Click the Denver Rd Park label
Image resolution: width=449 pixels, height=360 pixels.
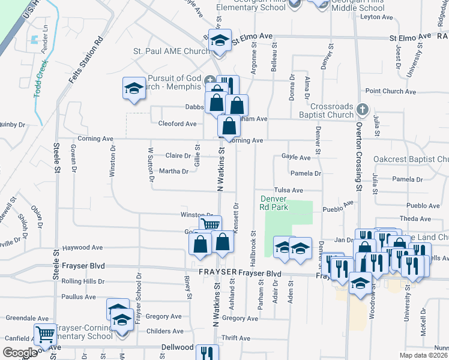pyautogui.click(x=274, y=203)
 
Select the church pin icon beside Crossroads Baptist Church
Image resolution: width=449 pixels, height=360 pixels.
pyautogui.click(x=361, y=110)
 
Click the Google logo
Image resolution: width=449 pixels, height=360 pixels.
pyautogui.click(x=20, y=353)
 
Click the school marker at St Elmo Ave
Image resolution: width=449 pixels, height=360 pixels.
pyautogui.click(x=220, y=40)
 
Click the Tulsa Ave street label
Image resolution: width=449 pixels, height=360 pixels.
pyautogui.click(x=289, y=190)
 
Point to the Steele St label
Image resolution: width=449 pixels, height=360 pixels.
pyautogui.click(x=58, y=166)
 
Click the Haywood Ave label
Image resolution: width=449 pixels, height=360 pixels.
pyautogui.click(x=83, y=247)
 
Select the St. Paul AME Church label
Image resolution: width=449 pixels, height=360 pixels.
pyautogui.click(x=171, y=52)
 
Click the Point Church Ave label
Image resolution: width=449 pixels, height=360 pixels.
pyautogui.click(x=391, y=92)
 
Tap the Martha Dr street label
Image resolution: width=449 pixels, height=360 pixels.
pyautogui.click(x=173, y=171)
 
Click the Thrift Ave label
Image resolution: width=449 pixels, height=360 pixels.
pyautogui.click(x=231, y=338)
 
